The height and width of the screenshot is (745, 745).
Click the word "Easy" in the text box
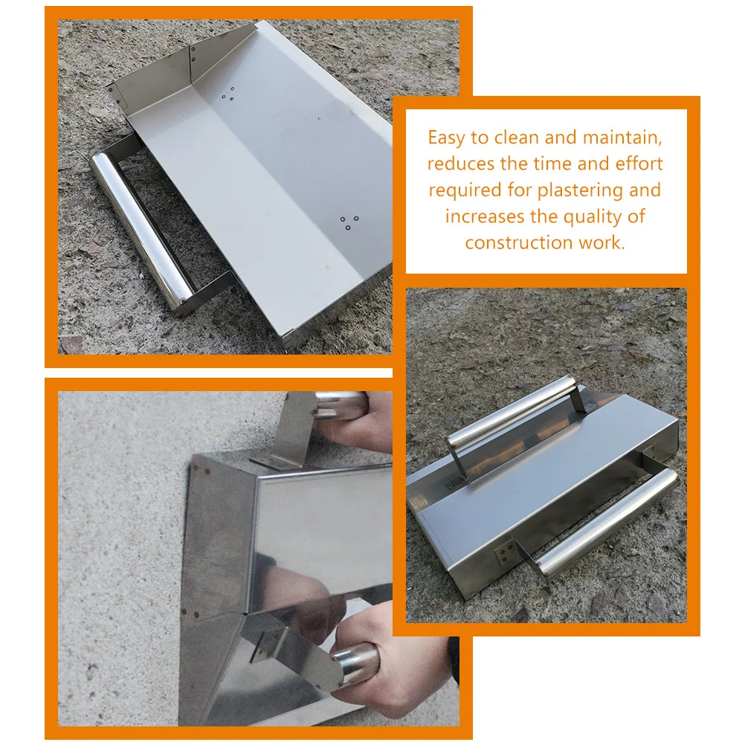tap(448, 138)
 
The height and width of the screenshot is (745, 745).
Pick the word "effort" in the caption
tap(637, 164)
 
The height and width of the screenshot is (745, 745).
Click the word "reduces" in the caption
tap(462, 164)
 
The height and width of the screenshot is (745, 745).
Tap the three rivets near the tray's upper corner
tap(229, 93)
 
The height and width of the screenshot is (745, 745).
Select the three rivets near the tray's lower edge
tap(348, 220)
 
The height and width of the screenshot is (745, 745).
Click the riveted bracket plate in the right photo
tap(506, 550)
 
